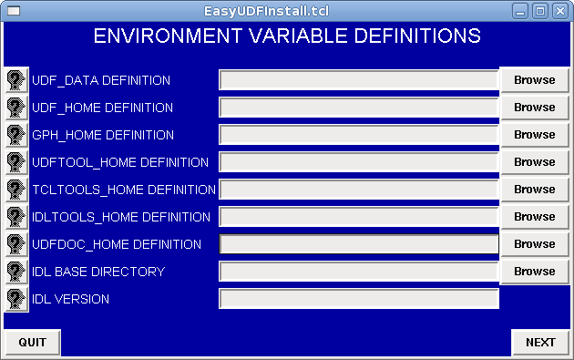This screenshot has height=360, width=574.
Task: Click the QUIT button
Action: [x=32, y=342]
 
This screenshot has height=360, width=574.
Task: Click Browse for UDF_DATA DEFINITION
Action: [x=535, y=80]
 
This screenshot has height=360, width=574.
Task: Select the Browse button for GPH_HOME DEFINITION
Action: [x=535, y=134]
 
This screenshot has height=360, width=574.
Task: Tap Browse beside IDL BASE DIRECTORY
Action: [x=535, y=271]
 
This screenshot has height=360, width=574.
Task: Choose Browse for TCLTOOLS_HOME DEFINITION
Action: [x=535, y=189]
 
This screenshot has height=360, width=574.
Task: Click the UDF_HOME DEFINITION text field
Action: [x=359, y=108]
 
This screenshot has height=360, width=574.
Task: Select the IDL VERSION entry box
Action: [x=359, y=298]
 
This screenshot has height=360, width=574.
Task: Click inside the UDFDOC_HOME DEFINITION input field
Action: [x=359, y=244]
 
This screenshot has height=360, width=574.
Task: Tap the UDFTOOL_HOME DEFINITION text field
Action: [x=359, y=162]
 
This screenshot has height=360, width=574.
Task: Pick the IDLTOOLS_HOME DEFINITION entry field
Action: [x=359, y=216]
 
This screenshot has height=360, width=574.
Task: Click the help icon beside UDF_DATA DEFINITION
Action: [x=16, y=80]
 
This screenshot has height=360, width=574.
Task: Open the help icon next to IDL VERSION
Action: [x=16, y=299]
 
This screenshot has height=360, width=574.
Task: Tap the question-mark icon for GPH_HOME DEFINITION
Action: [x=16, y=135]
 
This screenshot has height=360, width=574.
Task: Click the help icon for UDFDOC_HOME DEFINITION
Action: [x=16, y=244]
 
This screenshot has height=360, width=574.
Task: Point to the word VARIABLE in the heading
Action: [x=299, y=36]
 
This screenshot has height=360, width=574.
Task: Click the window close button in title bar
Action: [x=560, y=11]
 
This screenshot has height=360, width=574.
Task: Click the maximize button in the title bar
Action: [x=540, y=11]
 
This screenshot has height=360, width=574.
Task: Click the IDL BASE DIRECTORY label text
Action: [x=98, y=272]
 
